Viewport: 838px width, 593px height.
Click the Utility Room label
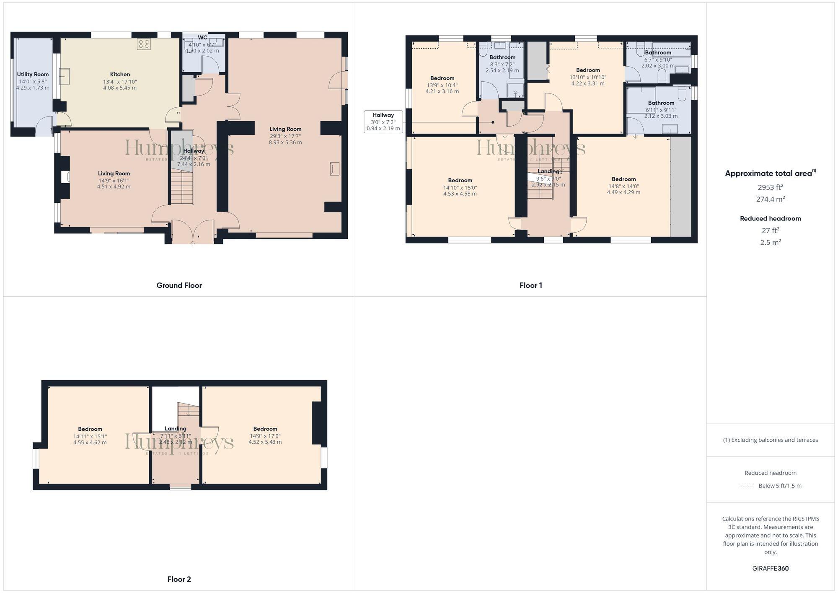[33, 75]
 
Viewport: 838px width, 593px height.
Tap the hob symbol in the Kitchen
[143, 44]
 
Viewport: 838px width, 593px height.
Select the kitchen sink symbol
[65, 77]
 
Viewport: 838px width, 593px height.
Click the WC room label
[202, 38]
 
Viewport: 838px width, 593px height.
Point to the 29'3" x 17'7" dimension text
[285, 136]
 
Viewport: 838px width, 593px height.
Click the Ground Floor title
[179, 285]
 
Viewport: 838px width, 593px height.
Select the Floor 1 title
[530, 285]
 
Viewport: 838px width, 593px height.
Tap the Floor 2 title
[179, 579]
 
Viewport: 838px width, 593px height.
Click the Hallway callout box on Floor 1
[383, 122]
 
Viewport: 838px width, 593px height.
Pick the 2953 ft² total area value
[770, 187]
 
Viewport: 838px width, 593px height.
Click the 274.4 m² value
[770, 199]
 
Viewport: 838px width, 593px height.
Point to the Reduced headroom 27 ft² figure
[770, 230]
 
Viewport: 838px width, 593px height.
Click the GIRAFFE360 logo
[770, 568]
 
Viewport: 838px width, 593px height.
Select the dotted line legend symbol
[747, 486]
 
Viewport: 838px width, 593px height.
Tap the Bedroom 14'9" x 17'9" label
[265, 429]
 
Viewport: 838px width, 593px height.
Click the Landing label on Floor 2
[175, 429]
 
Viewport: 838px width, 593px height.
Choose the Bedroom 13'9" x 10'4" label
[442, 78]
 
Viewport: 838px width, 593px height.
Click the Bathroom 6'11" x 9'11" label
[661, 103]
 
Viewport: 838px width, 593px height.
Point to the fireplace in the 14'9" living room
[65, 177]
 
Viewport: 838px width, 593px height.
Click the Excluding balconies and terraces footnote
[770, 440]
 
